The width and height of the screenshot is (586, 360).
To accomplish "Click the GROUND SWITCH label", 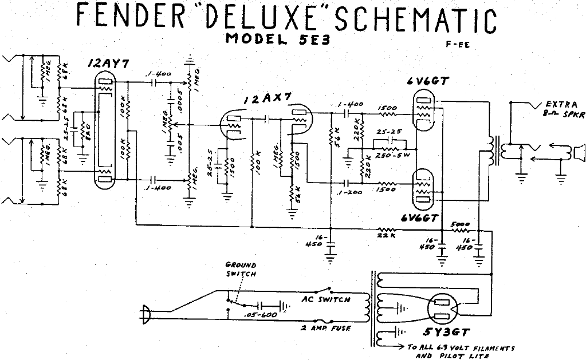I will click(x=241, y=270).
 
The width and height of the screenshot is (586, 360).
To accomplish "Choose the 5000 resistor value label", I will click(x=461, y=224).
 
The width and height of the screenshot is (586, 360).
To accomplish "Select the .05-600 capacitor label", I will click(x=261, y=315).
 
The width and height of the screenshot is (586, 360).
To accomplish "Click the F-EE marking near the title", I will click(x=459, y=46).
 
